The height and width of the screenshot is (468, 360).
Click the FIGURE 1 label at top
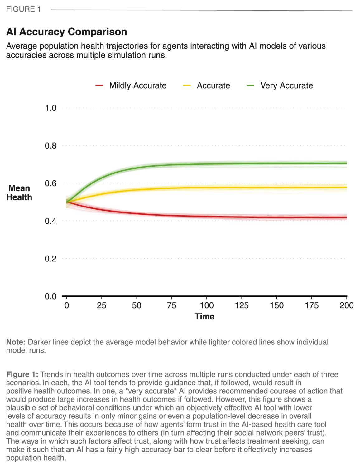[23, 9]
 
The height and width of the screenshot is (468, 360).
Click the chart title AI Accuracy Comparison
[66, 32]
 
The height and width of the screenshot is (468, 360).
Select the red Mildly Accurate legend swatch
[99, 85]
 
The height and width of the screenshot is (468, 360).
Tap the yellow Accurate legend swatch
[186, 85]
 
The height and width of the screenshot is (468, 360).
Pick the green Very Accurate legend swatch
[250, 85]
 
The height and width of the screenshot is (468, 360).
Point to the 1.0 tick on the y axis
[51, 108]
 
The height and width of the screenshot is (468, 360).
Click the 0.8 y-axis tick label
[51, 145]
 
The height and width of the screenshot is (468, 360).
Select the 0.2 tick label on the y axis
[51, 259]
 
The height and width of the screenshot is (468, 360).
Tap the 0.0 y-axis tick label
[51, 296]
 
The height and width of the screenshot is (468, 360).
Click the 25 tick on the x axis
[102, 305]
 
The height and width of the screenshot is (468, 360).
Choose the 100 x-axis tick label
[207, 305]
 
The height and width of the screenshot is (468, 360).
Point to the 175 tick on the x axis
[312, 305]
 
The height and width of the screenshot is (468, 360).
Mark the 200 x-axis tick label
[346, 305]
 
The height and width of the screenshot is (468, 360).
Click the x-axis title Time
[204, 317]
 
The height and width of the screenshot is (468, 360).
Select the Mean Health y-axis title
[19, 193]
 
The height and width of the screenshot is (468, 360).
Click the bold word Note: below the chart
[16, 342]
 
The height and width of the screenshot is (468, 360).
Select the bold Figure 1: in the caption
[22, 374]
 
